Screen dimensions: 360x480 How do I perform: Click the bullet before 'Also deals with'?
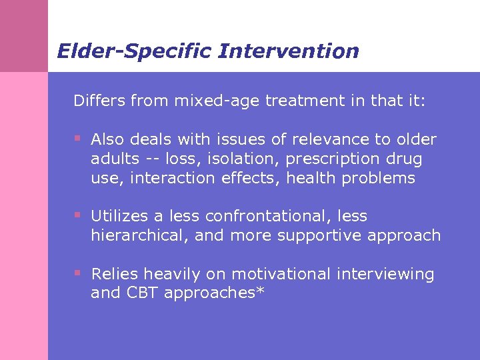(77, 139)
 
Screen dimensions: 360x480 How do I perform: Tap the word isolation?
(225, 159)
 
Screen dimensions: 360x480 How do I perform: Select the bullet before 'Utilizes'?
(77, 215)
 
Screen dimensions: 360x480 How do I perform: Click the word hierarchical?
(134, 236)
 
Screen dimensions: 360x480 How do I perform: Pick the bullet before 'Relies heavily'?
(77, 273)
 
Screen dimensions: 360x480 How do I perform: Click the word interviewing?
(385, 274)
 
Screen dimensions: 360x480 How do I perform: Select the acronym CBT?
(142, 293)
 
